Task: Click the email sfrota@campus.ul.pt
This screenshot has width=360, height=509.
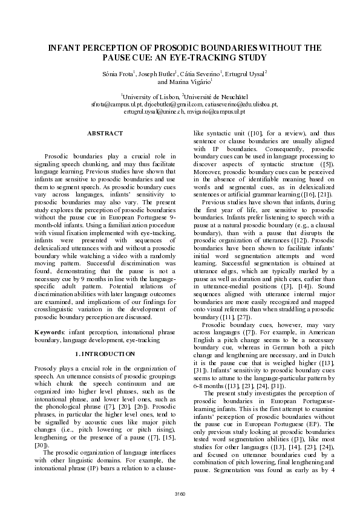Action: [117, 104]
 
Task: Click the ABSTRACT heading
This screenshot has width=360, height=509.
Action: [105, 133]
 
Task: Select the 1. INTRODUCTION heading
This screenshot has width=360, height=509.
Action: [105, 354]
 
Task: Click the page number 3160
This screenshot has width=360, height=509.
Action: [180, 494]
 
